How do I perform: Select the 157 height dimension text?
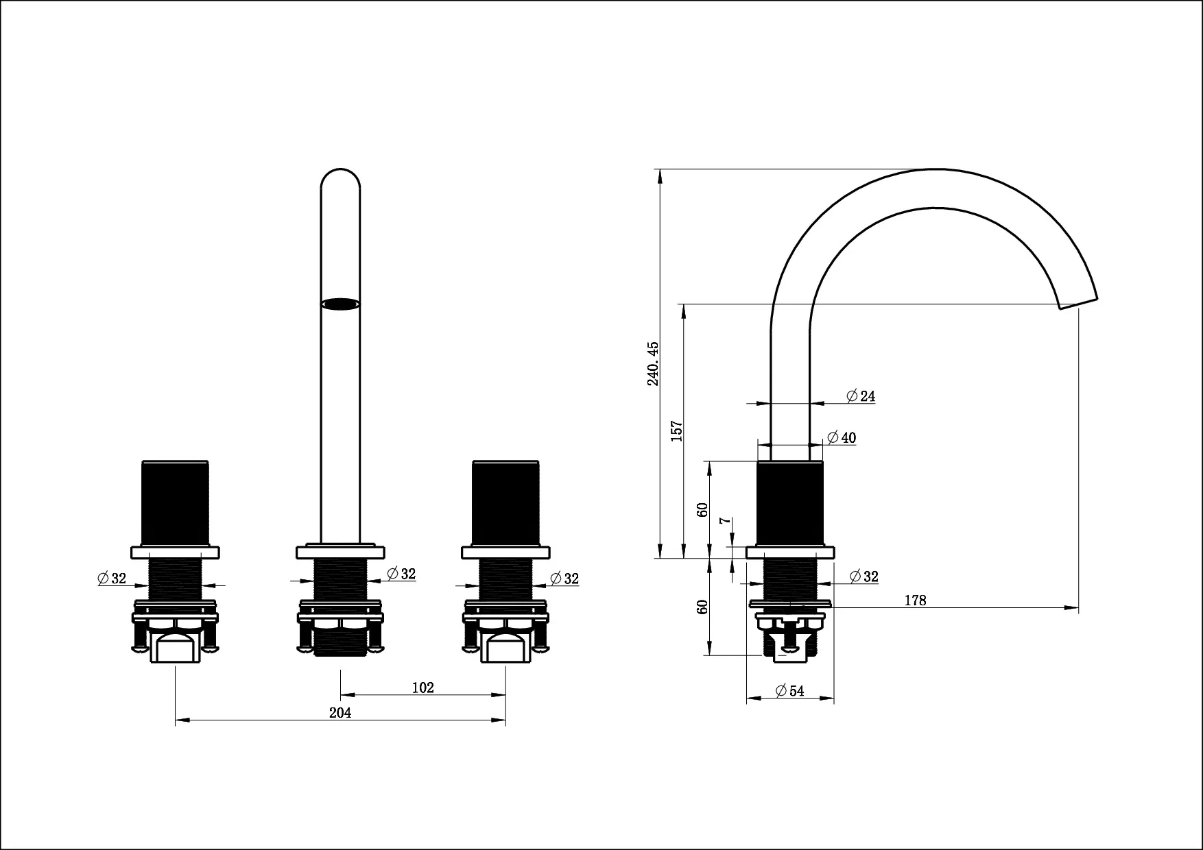[677, 430]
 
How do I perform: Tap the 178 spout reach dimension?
[915, 600]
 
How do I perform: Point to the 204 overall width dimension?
[340, 713]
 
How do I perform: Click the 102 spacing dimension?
[423, 688]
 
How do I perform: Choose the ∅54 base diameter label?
[789, 691]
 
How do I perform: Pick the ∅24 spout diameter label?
[861, 396]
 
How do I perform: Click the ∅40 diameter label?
[842, 437]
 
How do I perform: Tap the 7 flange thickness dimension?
[726, 521]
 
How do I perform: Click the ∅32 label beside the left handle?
[112, 579]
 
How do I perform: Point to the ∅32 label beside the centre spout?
[401, 574]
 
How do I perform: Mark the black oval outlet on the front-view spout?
[340, 304]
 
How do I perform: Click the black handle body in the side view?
[789, 504]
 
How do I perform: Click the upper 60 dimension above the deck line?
[702, 509]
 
